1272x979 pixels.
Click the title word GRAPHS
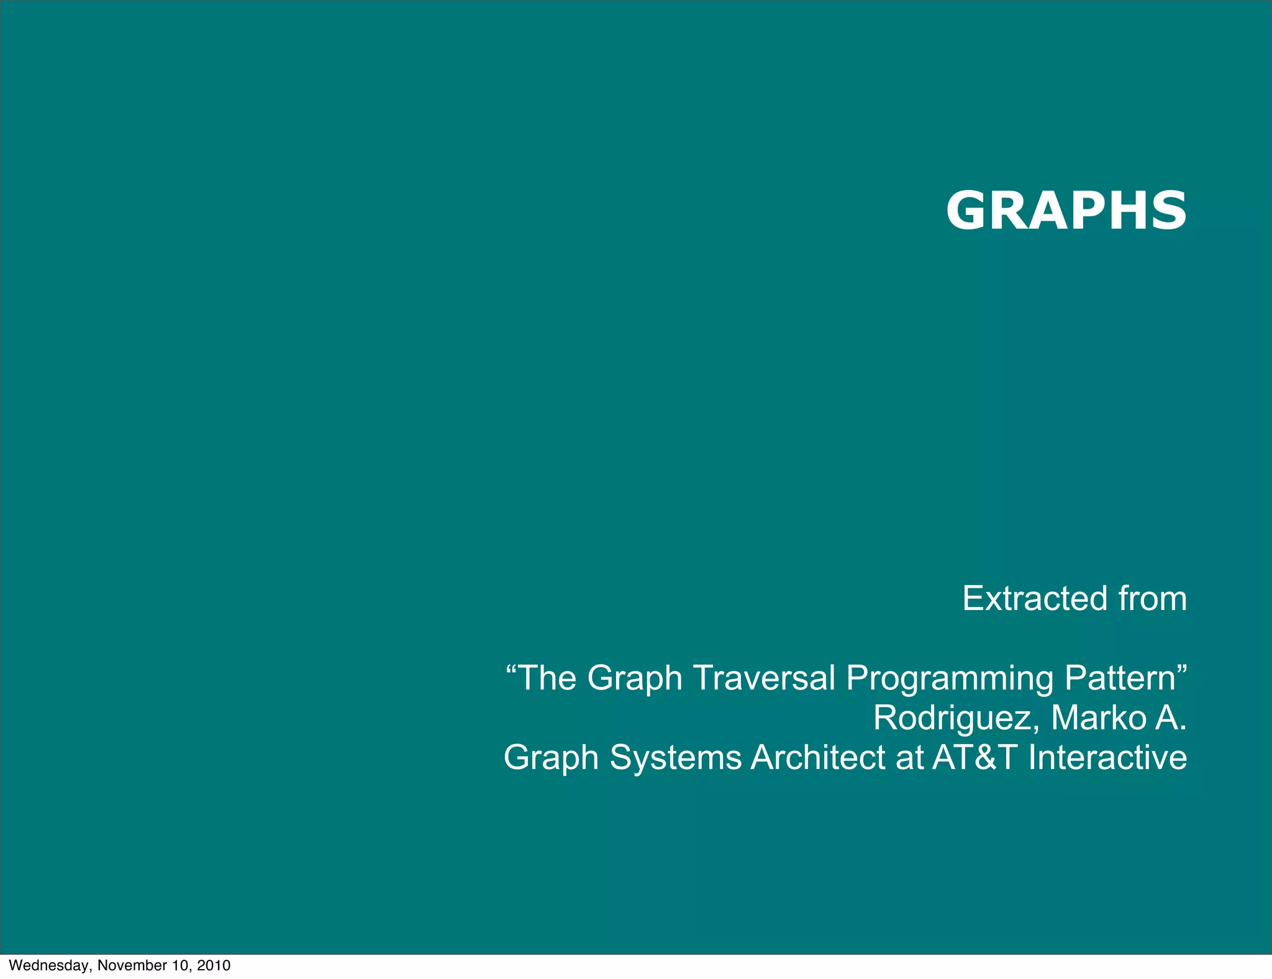(x=1066, y=211)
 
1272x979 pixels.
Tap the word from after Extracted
(x=1153, y=599)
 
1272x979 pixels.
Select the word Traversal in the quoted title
(x=763, y=678)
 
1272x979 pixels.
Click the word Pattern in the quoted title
(x=1120, y=678)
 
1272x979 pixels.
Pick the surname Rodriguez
(x=956, y=719)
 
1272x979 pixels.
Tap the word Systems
(x=676, y=758)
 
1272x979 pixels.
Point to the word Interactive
(x=1107, y=757)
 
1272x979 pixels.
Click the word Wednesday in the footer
(x=52, y=965)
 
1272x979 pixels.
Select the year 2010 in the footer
(x=214, y=965)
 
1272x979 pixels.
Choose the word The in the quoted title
(x=547, y=678)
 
